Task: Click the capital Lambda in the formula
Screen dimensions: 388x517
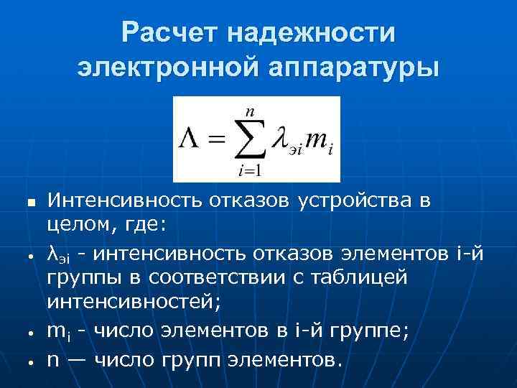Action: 192,139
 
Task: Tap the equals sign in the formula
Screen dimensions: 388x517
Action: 217,139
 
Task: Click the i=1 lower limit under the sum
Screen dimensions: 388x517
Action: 249,172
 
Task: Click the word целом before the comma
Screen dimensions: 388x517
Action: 78,226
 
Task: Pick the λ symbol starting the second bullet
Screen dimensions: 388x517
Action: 52,253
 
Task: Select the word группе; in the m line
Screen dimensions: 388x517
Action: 376,331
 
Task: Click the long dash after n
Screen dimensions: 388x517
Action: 80,358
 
